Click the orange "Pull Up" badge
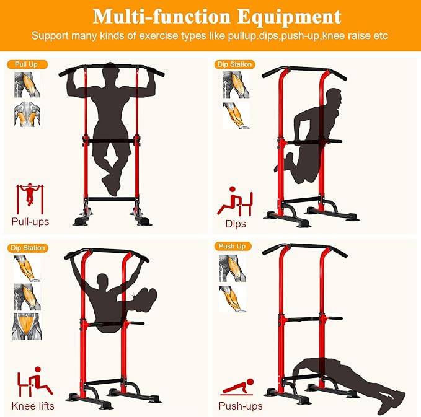(x=27, y=64)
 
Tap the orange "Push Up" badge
(x=231, y=246)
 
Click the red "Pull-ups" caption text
(x=30, y=221)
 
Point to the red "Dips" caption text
(x=236, y=224)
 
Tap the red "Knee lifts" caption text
(x=33, y=406)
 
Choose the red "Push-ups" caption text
(x=241, y=406)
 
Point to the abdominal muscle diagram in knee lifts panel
(x=25, y=326)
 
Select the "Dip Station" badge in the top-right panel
(x=234, y=64)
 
